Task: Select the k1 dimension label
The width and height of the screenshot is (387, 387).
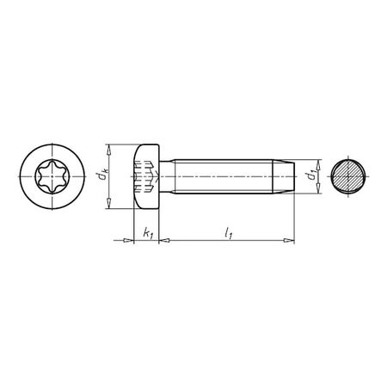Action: [x=148, y=233]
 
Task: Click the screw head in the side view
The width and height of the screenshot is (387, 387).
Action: [x=147, y=177]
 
